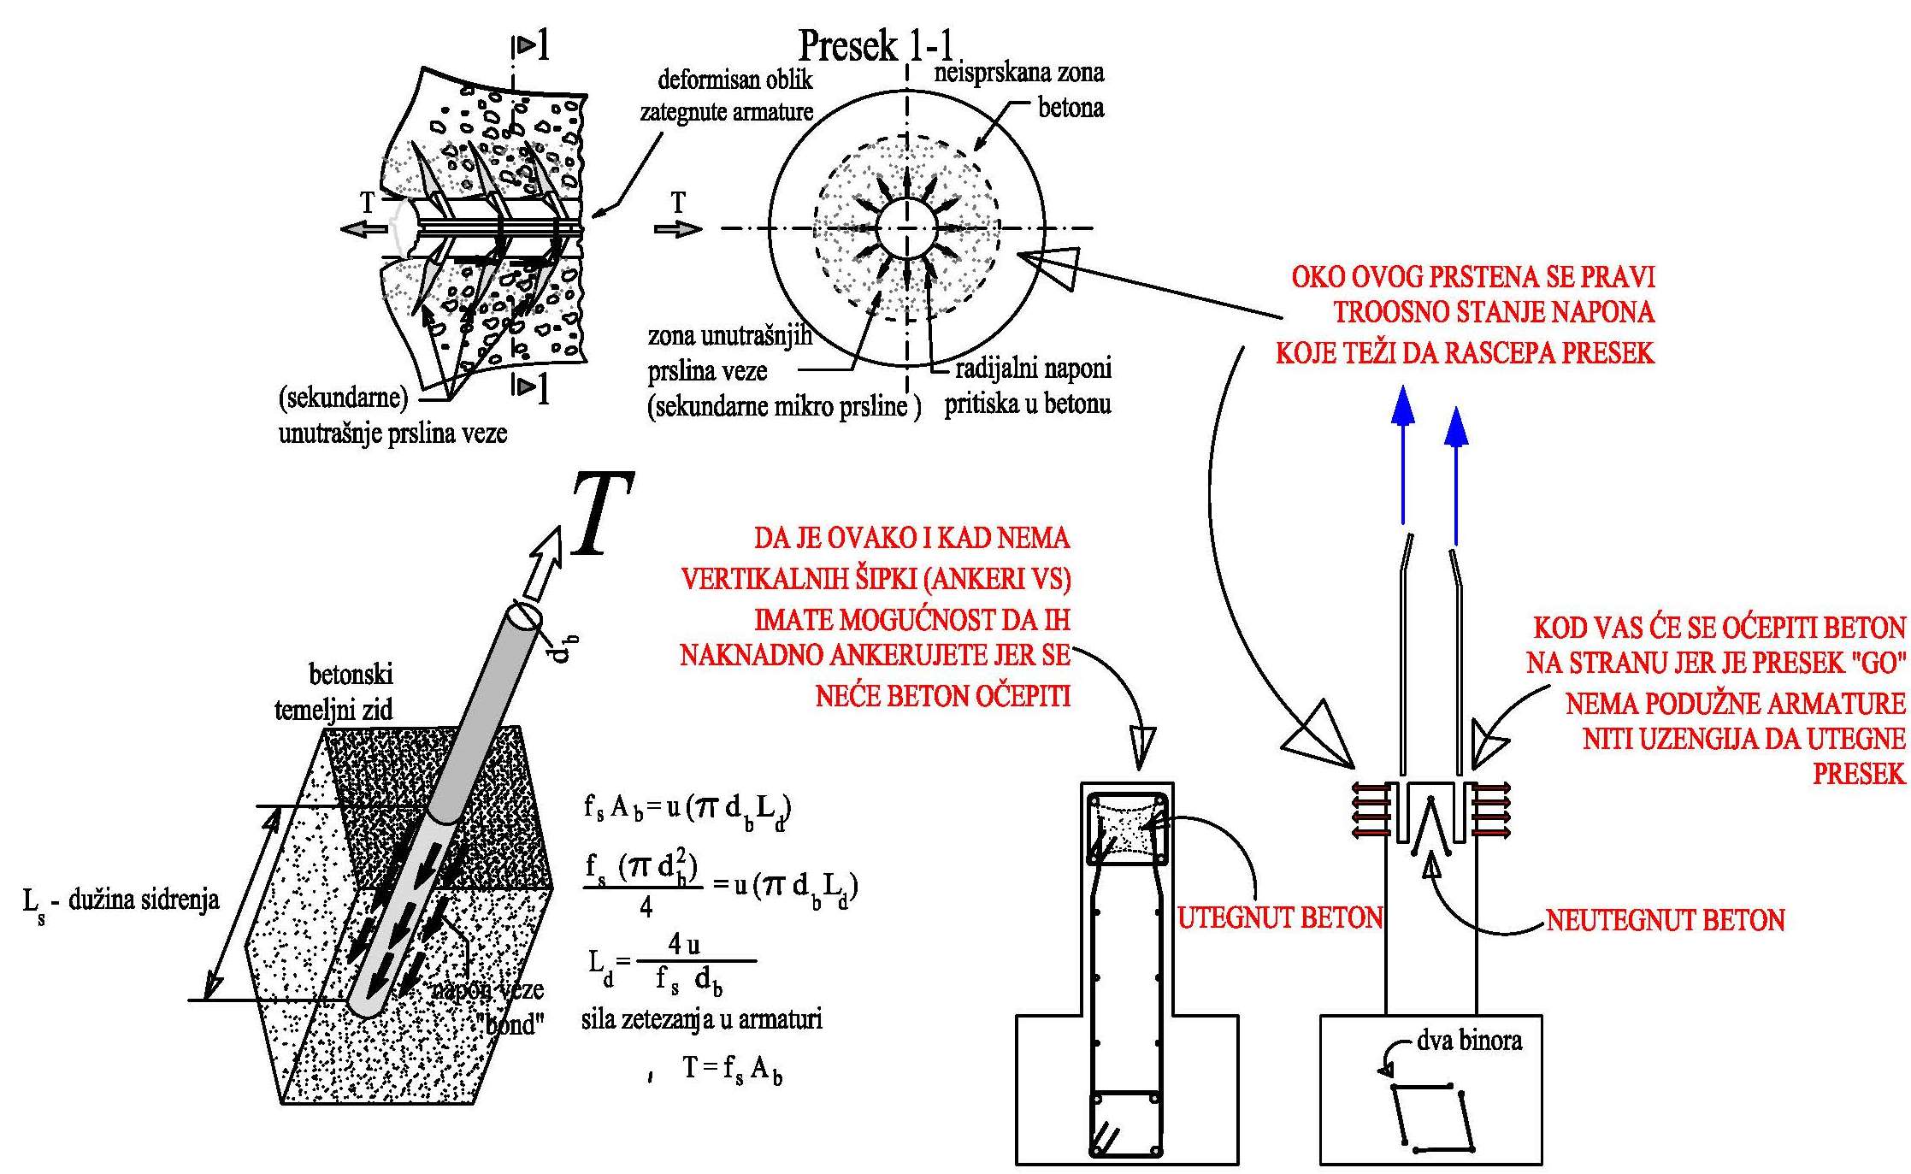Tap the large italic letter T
[x=602, y=514]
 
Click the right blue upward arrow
[x=1456, y=475]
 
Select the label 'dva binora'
[x=1469, y=1041]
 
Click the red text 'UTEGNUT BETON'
[x=1280, y=918]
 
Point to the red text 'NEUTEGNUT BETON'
[x=1665, y=920]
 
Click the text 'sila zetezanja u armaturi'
[x=701, y=1019]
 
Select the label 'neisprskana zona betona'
[x=1026, y=90]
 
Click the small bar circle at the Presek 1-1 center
[x=907, y=228]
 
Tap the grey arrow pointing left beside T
[x=363, y=229]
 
